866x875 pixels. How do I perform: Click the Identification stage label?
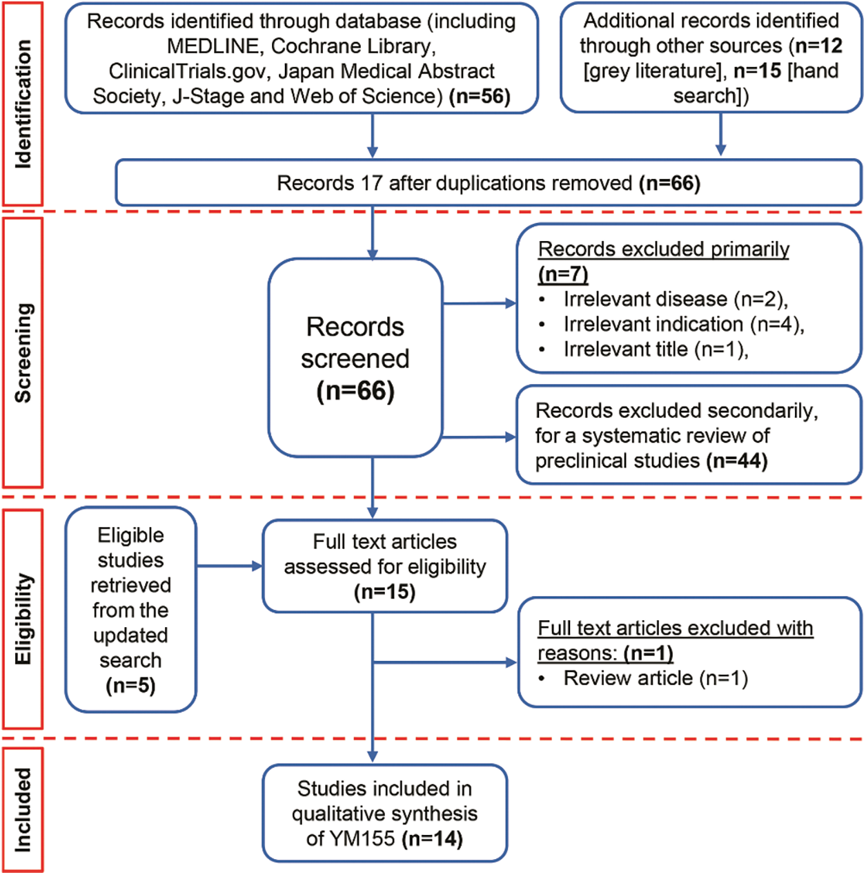pyautogui.click(x=23, y=104)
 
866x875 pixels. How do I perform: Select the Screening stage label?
pyautogui.click(x=23, y=353)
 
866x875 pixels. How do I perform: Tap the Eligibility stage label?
pyautogui.click(x=23, y=619)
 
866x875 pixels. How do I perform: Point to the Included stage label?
pyautogui.click(x=23, y=809)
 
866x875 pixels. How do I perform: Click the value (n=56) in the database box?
pyautogui.click(x=480, y=96)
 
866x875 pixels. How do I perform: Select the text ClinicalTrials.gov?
pyautogui.click(x=186, y=71)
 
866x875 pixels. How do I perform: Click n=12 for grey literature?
pyautogui.click(x=818, y=46)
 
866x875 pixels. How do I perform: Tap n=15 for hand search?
pyautogui.click(x=757, y=70)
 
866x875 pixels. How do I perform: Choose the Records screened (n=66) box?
pyautogui.click(x=355, y=358)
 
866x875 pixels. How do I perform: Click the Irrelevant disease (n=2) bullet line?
pyautogui.click(x=675, y=299)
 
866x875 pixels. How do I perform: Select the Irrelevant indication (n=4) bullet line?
pyautogui.click(x=683, y=324)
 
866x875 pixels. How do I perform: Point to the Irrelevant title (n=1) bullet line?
pyautogui.click(x=656, y=349)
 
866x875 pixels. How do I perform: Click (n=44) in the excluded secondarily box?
pyautogui.click(x=737, y=461)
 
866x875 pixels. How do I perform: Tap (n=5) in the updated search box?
pyautogui.click(x=130, y=686)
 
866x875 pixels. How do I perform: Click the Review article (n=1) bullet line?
pyautogui.click(x=655, y=678)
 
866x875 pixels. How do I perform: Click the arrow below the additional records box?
pyautogui.click(x=720, y=135)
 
